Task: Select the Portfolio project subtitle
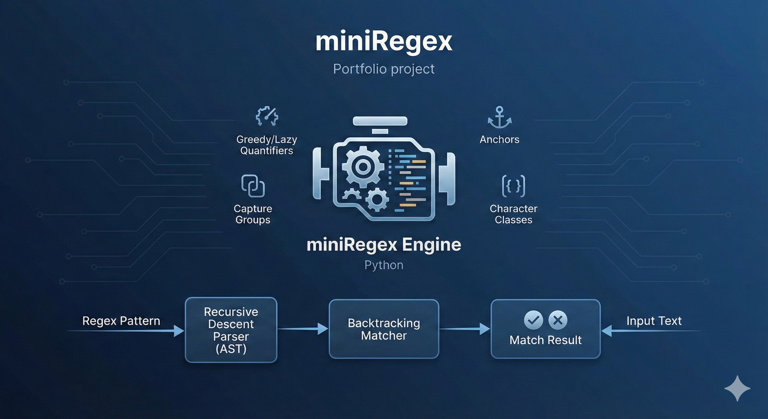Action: [x=384, y=69]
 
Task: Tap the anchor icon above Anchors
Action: [x=499, y=118]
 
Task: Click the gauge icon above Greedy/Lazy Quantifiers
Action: [x=267, y=116]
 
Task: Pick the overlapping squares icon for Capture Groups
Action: [x=253, y=186]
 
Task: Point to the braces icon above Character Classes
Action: [x=513, y=186]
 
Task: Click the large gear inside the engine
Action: [x=363, y=167]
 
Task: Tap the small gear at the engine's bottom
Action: [x=377, y=199]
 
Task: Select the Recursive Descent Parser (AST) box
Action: [x=231, y=330]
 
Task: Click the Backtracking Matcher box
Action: [x=384, y=329]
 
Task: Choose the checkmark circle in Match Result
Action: [x=533, y=320]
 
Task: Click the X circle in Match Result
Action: [x=557, y=320]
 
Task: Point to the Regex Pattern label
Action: [x=121, y=321]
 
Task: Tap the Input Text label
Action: [x=654, y=321]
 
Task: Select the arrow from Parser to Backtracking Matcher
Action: [x=303, y=329]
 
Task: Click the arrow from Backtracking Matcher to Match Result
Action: [x=464, y=329]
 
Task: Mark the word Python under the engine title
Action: [x=384, y=265]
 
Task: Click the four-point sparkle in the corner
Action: [x=737, y=388]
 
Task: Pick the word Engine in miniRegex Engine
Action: [x=431, y=245]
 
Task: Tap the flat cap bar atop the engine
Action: [x=380, y=121]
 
